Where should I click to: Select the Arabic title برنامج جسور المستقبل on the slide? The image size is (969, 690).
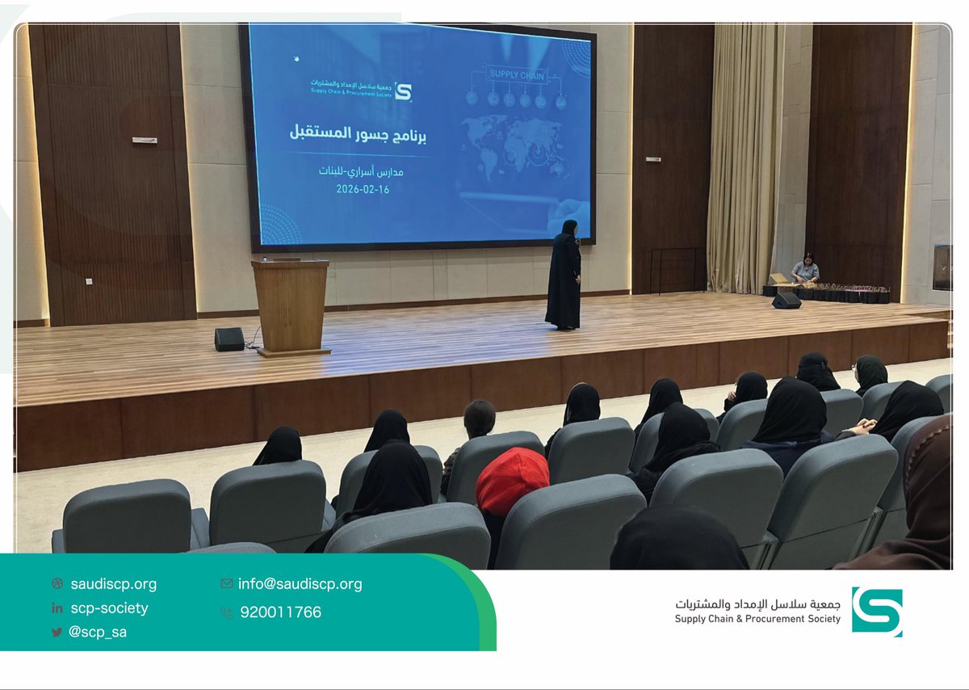(358, 134)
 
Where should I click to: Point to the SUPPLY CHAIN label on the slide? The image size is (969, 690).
(517, 76)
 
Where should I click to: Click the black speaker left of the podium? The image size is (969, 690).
(229, 339)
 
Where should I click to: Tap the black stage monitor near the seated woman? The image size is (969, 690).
(786, 301)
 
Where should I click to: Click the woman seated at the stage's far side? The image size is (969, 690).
(805, 269)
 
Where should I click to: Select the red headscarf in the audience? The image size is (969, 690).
(511, 482)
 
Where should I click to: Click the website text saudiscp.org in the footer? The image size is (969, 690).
(113, 583)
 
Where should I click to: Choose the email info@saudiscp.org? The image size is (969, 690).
(300, 583)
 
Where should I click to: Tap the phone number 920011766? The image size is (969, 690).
(280, 612)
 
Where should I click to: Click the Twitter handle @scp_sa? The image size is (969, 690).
(97, 632)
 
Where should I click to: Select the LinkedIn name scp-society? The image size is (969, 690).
(109, 608)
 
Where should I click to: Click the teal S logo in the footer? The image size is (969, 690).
(877, 612)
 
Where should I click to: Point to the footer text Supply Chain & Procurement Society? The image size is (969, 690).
(757, 619)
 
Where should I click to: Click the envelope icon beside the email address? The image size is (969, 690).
(226, 583)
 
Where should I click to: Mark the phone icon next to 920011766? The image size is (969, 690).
(226, 612)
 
